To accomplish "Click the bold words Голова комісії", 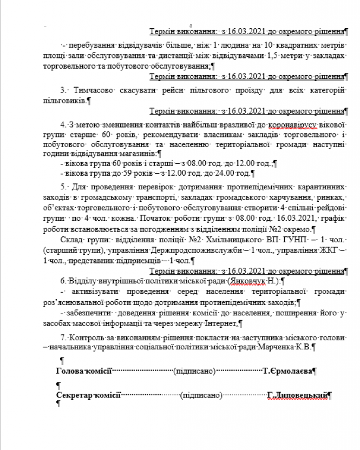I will pyautogui.click(x=84, y=371).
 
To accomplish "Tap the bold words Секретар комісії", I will pyautogui.click(x=89, y=395).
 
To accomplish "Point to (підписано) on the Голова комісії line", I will pyautogui.click(x=194, y=371).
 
